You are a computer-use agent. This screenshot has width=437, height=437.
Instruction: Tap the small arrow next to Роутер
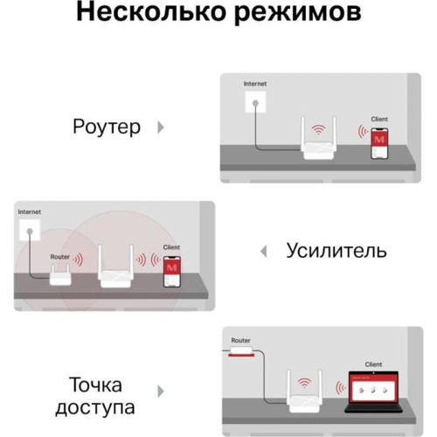point(159,128)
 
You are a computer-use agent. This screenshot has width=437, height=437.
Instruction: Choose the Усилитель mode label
point(336,252)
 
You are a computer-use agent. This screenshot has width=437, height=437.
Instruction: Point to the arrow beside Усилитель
point(262,252)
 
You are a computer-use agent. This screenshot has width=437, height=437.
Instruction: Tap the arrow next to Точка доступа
point(159,392)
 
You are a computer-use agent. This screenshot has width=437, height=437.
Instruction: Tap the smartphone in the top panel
point(378,142)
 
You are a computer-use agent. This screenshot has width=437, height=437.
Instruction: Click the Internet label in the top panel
point(254,84)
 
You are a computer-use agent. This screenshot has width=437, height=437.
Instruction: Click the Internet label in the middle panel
point(30,212)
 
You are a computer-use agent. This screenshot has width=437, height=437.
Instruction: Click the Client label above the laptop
point(373,363)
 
